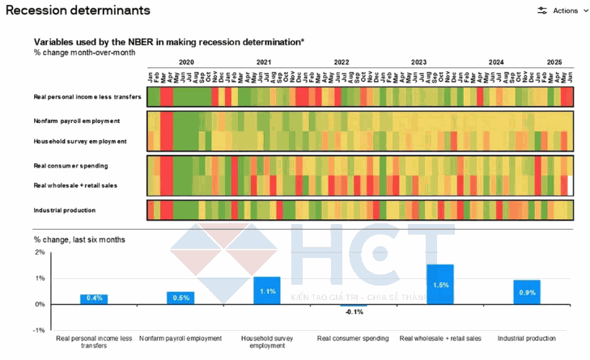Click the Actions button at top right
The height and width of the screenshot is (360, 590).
click(x=558, y=11)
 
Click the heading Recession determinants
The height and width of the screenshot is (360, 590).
click(x=78, y=11)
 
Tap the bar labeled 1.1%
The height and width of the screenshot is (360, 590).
click(x=267, y=290)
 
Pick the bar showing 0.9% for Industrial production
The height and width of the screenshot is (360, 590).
click(x=527, y=292)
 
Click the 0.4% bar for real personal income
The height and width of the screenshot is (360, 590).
click(x=94, y=299)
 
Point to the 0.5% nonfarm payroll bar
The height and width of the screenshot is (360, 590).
click(x=180, y=298)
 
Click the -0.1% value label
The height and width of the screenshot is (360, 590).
click(x=354, y=311)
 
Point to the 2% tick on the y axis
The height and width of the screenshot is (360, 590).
click(x=40, y=252)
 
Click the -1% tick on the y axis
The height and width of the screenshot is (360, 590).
click(x=39, y=330)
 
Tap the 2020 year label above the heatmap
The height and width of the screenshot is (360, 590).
click(x=186, y=62)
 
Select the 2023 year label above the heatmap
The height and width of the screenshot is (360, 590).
click(x=418, y=62)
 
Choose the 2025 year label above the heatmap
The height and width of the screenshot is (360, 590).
click(x=554, y=62)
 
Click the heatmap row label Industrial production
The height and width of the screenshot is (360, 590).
click(x=64, y=210)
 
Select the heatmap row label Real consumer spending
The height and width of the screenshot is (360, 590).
click(x=71, y=166)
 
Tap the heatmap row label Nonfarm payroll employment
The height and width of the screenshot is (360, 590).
click(x=77, y=121)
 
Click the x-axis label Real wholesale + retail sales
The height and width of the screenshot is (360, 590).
click(x=440, y=338)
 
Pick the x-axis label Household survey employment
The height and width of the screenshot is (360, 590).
click(x=267, y=341)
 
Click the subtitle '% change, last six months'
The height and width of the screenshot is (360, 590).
click(x=79, y=239)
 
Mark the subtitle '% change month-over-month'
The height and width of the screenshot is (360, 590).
click(x=84, y=53)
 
